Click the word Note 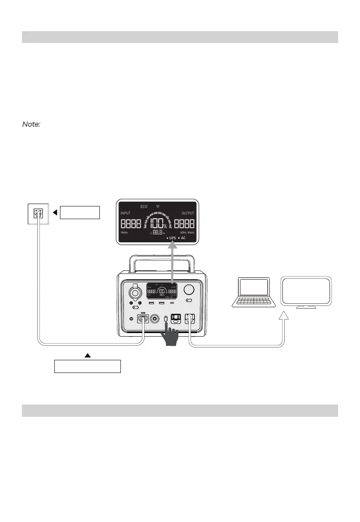click(x=31, y=125)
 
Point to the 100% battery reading click(x=157, y=223)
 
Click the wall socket click(x=38, y=214)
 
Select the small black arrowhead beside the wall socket click(x=55, y=213)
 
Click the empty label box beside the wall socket click(x=80, y=213)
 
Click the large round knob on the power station click(x=190, y=290)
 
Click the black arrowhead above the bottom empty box click(x=87, y=355)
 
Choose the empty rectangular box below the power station click(x=87, y=366)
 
